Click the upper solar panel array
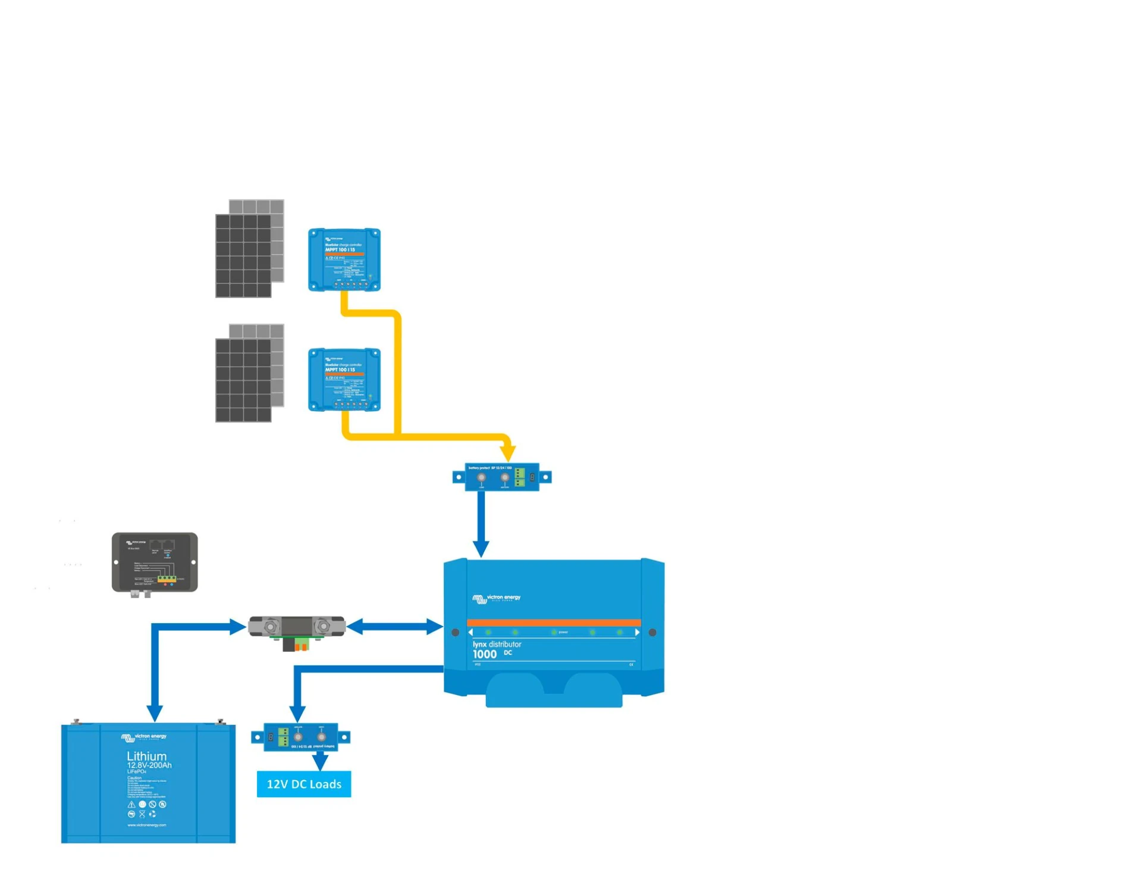tap(249, 249)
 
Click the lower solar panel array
tap(249, 373)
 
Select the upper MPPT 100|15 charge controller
tap(344, 260)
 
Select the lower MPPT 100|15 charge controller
tap(344, 380)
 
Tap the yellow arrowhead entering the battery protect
tap(507, 453)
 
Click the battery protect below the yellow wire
tap(501, 477)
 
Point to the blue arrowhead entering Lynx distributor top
tap(481, 548)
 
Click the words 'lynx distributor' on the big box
tap(497, 644)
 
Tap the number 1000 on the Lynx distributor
tap(484, 655)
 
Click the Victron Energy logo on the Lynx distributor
tap(496, 598)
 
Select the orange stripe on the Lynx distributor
tap(553, 622)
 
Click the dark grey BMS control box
tap(155, 562)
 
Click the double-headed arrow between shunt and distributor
tap(394, 627)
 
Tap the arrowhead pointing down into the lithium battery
tap(155, 713)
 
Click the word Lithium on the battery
tap(146, 756)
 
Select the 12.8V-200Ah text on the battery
tap(149, 765)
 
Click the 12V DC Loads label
tap(303, 784)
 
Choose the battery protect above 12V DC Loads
tap(300, 737)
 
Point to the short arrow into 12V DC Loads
tap(321, 761)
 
